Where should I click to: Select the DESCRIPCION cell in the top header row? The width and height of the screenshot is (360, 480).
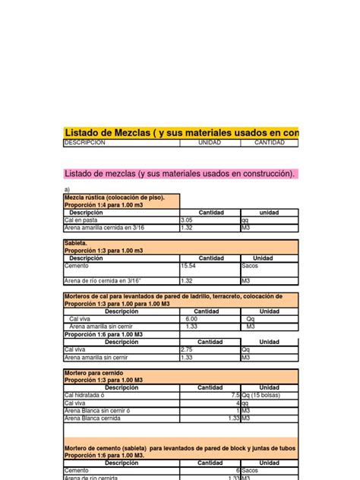[x=84, y=143]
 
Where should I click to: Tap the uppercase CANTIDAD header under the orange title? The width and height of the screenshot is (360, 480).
[x=269, y=143]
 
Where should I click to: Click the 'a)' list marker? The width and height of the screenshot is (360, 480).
[x=68, y=190]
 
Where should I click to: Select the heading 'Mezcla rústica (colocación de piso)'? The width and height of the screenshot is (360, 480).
[x=114, y=197]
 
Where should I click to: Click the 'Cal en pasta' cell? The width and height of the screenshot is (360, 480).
[x=82, y=219]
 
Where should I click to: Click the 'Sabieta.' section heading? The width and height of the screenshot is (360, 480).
[x=75, y=244]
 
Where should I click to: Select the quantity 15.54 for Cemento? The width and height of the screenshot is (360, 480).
[x=189, y=267]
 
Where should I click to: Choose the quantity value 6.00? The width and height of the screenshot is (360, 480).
[x=191, y=319]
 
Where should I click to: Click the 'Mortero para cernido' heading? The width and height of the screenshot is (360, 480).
[x=93, y=373]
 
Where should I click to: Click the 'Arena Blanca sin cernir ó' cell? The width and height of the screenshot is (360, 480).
[x=96, y=410]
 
